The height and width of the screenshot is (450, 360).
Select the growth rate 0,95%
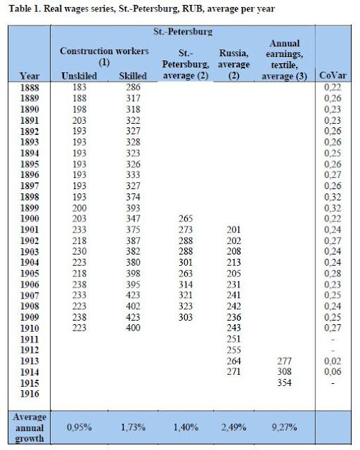[82, 425]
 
